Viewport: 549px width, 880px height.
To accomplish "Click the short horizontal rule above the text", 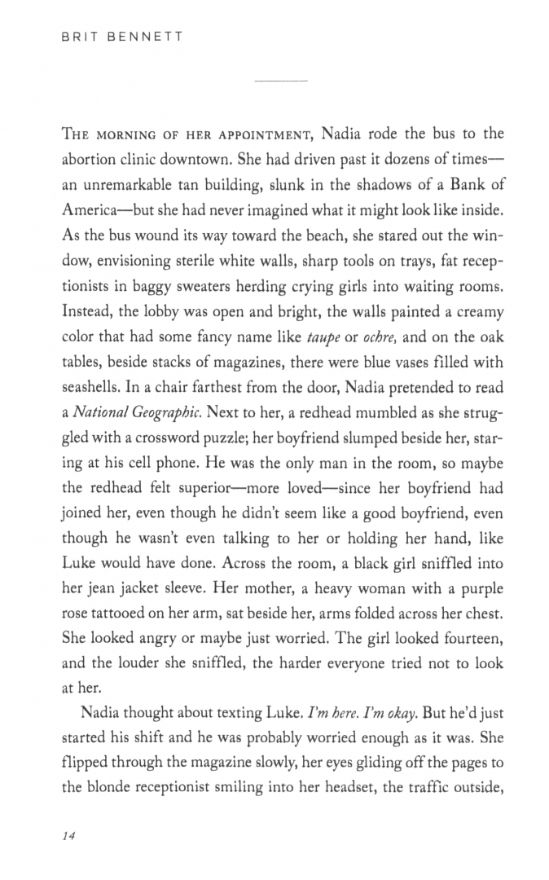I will tap(281, 81).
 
